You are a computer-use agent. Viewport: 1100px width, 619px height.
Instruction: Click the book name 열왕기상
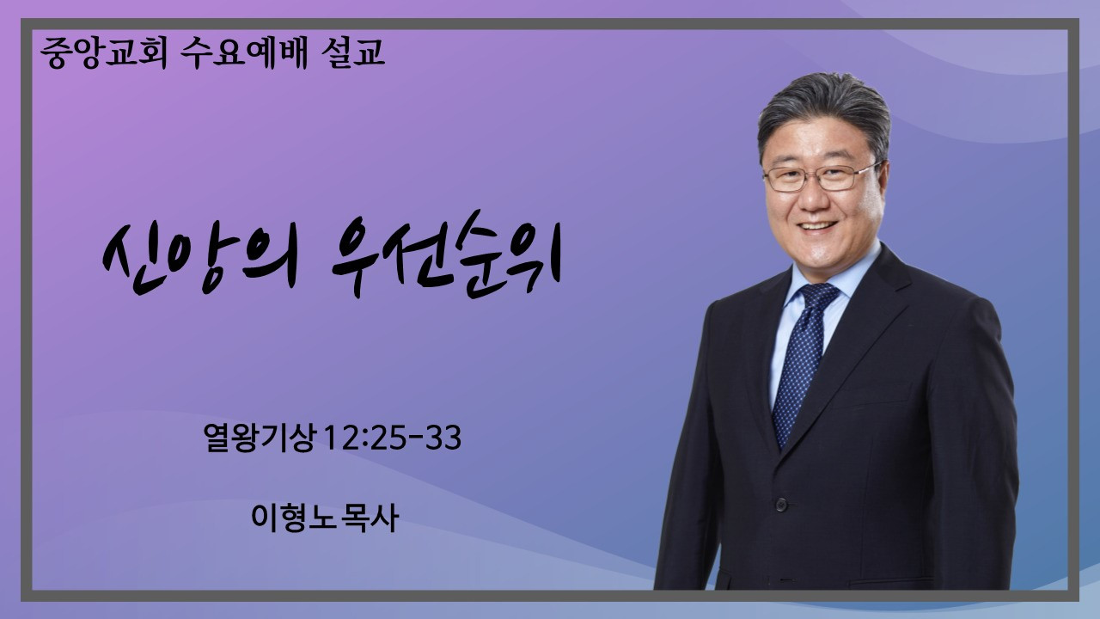(x=259, y=438)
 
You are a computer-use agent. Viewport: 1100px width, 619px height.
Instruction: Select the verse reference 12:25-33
(x=393, y=438)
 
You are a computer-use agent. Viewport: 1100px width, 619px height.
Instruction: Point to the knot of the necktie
(x=819, y=297)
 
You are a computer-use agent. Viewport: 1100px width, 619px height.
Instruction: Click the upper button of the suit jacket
(x=781, y=504)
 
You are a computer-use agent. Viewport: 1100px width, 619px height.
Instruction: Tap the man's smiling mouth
(x=817, y=227)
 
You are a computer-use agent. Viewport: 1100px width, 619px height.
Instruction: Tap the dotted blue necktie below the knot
(x=798, y=374)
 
